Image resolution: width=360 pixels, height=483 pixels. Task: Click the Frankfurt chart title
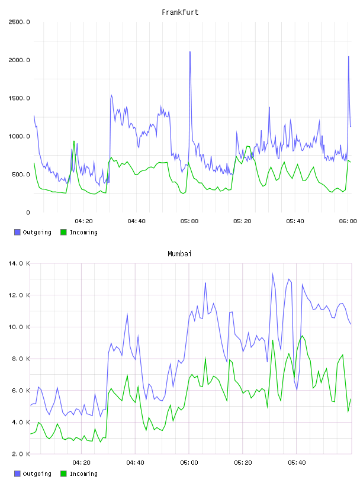tap(180, 12)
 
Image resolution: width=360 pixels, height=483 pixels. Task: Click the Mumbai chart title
tap(179, 253)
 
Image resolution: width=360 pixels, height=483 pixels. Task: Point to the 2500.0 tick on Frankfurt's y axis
tap(19, 22)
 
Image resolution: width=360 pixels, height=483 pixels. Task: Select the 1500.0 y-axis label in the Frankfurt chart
tap(19, 98)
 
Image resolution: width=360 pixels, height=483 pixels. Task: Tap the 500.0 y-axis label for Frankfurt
tap(21, 175)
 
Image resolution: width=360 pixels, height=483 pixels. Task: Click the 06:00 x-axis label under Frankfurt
tap(348, 221)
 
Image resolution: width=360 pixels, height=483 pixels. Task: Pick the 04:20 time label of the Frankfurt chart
tap(83, 221)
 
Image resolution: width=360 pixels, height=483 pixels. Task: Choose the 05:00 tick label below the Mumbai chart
tap(189, 462)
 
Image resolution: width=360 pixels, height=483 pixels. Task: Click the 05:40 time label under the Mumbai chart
tap(297, 462)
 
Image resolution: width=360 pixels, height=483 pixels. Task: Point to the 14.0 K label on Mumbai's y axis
tap(19, 263)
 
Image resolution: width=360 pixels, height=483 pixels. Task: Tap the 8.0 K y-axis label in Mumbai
tap(21, 359)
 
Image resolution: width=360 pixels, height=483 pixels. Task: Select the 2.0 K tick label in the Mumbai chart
tap(21, 454)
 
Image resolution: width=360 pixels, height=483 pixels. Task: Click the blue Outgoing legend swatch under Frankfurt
tap(17, 232)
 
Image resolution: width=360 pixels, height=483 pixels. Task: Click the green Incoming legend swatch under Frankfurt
tap(63, 232)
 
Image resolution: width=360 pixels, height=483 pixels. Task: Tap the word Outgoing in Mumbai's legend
tap(37, 474)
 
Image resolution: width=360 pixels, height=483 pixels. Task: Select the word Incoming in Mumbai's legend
tap(83, 474)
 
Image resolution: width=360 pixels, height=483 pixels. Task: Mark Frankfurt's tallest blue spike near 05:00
tap(190, 51)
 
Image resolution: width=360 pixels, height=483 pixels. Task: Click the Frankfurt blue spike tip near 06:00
tap(349, 57)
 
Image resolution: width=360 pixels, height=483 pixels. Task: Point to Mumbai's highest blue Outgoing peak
tap(272, 273)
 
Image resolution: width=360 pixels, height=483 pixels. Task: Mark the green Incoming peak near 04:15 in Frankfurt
tap(74, 141)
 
